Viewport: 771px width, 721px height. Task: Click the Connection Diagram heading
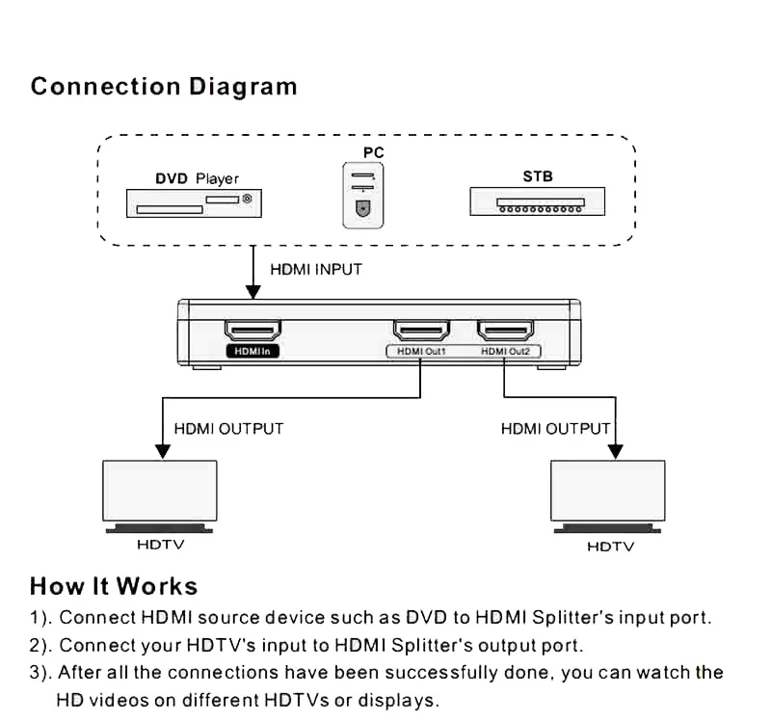(164, 87)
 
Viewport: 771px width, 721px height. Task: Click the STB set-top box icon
(537, 201)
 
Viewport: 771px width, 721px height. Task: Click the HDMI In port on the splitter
(253, 331)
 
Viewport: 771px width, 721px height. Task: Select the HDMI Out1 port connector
(421, 331)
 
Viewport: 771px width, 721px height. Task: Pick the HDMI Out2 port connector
(506, 331)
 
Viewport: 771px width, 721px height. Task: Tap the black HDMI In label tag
(253, 352)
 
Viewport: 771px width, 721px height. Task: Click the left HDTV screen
(160, 491)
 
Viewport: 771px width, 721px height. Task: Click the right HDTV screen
(607, 491)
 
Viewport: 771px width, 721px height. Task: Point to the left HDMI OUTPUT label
(228, 428)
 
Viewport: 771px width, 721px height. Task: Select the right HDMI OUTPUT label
(555, 428)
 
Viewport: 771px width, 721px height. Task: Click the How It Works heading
(114, 586)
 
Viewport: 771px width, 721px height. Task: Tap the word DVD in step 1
(425, 617)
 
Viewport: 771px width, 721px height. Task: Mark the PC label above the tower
(373, 153)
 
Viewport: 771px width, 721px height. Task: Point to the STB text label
(538, 177)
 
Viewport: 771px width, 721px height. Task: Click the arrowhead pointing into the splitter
(253, 292)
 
